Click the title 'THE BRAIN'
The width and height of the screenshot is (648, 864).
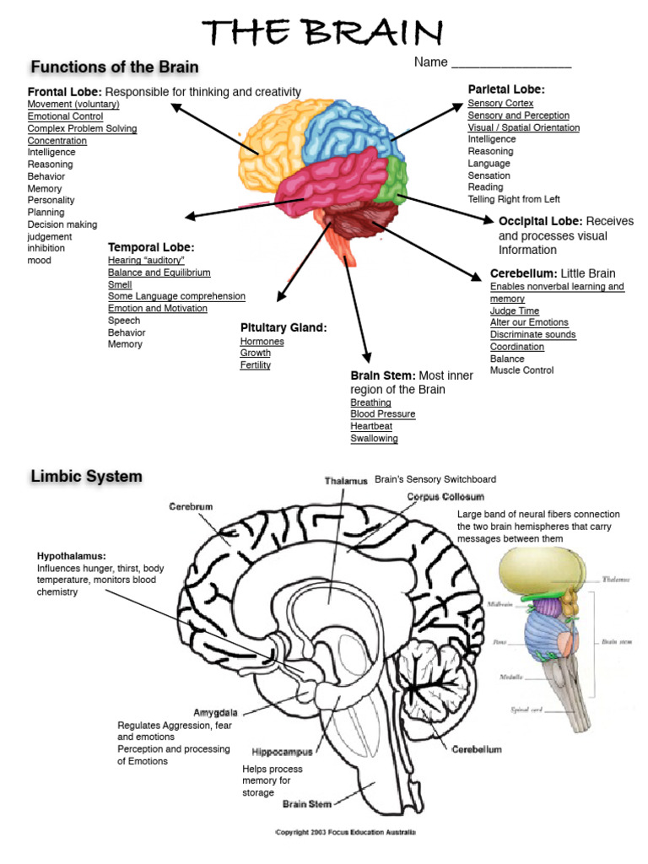pyautogui.click(x=323, y=33)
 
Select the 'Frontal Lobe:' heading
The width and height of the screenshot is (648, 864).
pyautogui.click(x=65, y=91)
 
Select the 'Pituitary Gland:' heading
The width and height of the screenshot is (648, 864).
pyautogui.click(x=283, y=327)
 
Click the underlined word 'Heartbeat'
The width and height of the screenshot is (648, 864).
pyautogui.click(x=371, y=426)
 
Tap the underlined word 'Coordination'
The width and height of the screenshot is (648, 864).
pyautogui.click(x=521, y=346)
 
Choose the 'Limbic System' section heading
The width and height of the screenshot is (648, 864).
pyautogui.click(x=86, y=477)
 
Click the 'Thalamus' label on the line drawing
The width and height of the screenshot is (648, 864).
pyautogui.click(x=346, y=480)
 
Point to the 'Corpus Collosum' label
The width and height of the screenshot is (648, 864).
pyautogui.click(x=445, y=497)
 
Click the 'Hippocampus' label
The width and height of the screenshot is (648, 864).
pyautogui.click(x=282, y=751)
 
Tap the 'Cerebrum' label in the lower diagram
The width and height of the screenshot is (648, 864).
pyautogui.click(x=191, y=506)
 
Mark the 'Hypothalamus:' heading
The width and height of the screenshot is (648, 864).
pyautogui.click(x=71, y=556)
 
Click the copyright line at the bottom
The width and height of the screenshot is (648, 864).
pyautogui.click(x=345, y=833)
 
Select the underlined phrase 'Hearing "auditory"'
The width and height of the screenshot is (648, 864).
pyautogui.click(x=146, y=261)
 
